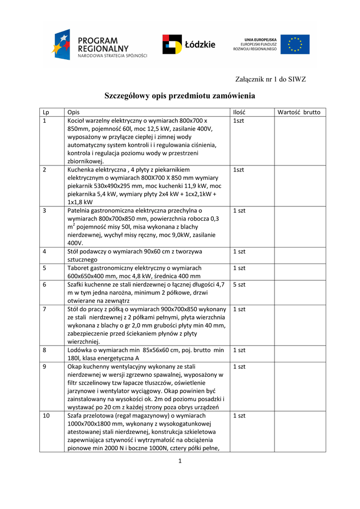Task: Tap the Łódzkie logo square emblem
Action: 172,44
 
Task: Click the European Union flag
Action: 294,44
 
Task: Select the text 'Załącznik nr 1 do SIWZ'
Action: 270,79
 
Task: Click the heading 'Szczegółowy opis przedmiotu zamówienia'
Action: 180,95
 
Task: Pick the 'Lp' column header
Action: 46,112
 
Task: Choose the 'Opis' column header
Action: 74,112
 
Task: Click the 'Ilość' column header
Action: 239,112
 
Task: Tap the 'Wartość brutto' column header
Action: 299,112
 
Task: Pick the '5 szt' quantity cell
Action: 239,285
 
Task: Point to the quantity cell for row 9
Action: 239,366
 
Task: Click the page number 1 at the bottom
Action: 180,461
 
